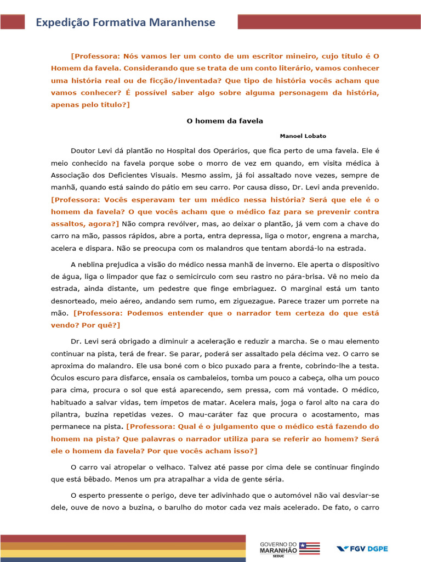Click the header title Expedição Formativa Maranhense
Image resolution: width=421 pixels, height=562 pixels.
[x=126, y=23]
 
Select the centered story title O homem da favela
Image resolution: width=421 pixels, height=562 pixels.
[x=225, y=121]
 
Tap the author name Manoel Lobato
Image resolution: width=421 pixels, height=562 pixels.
[x=303, y=136]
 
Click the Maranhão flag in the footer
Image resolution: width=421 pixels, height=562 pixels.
[x=309, y=548]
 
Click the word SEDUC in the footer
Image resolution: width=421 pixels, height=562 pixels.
[x=278, y=556]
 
